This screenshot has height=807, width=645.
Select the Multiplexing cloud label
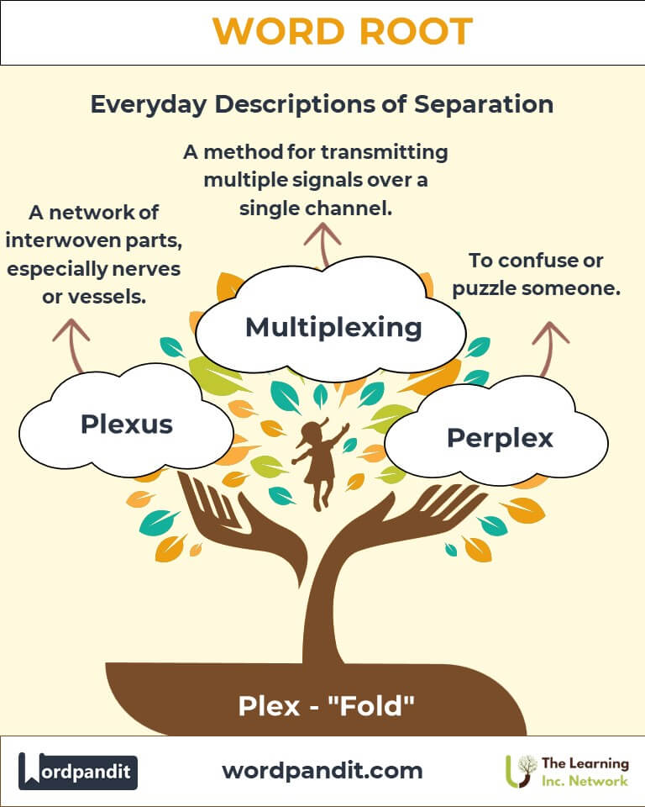[333, 326]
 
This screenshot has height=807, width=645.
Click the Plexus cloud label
[127, 424]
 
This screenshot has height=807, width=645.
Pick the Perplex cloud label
[500, 437]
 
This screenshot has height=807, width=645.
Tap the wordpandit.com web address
[322, 769]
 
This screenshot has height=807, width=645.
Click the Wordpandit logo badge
[78, 770]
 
